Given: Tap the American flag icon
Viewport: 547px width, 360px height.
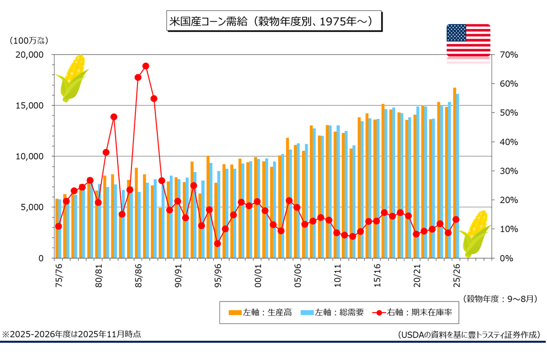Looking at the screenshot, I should pos(468,40).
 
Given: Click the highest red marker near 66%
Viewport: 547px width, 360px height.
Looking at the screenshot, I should pos(146,66).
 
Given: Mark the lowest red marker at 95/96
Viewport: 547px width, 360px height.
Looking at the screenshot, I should pos(217,243).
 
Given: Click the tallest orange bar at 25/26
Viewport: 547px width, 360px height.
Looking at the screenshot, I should pos(455,173).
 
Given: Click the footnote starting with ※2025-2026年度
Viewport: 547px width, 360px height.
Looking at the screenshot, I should pos(72,335).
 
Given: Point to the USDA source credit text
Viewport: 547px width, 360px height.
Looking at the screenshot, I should pos(468,335).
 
